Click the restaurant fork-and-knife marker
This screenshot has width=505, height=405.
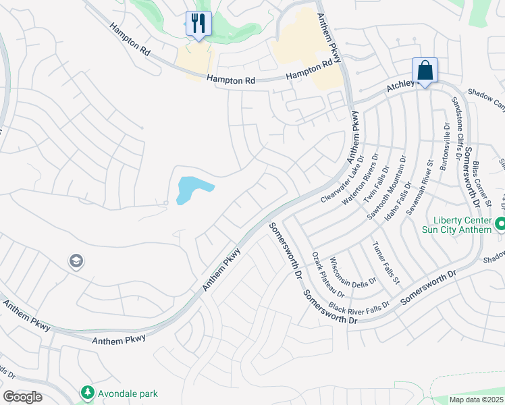198,24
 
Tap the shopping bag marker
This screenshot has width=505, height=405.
425,71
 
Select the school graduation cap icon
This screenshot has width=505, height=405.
76,261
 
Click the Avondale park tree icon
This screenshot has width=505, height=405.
87,392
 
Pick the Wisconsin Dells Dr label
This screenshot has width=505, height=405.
346,277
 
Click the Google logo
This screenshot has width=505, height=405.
22,397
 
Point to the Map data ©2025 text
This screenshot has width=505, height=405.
476,400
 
